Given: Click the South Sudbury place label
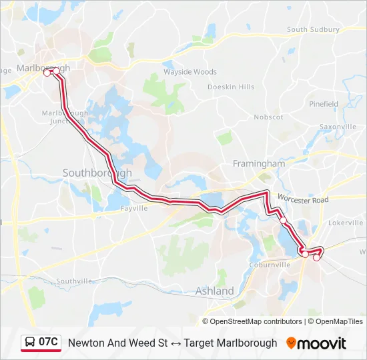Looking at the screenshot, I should pyautogui.click(x=313, y=30).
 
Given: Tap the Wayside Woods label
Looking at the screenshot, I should pyautogui.click(x=190, y=72).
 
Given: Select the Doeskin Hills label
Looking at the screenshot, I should pyautogui.click(x=231, y=87).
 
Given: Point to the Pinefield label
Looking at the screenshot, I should pyautogui.click(x=324, y=104).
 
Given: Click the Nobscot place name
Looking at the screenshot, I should pyautogui.click(x=268, y=117).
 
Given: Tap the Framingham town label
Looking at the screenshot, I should pyautogui.click(x=258, y=163).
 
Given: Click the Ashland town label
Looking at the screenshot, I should pyautogui.click(x=214, y=291).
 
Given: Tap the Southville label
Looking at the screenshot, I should pyautogui.click(x=73, y=281).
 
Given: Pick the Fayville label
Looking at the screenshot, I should pyautogui.click(x=133, y=208).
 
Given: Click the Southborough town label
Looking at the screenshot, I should pyautogui.click(x=97, y=173).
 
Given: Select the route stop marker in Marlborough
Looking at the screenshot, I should pyautogui.click(x=47, y=73).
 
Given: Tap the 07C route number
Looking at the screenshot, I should pyautogui.click(x=49, y=343).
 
